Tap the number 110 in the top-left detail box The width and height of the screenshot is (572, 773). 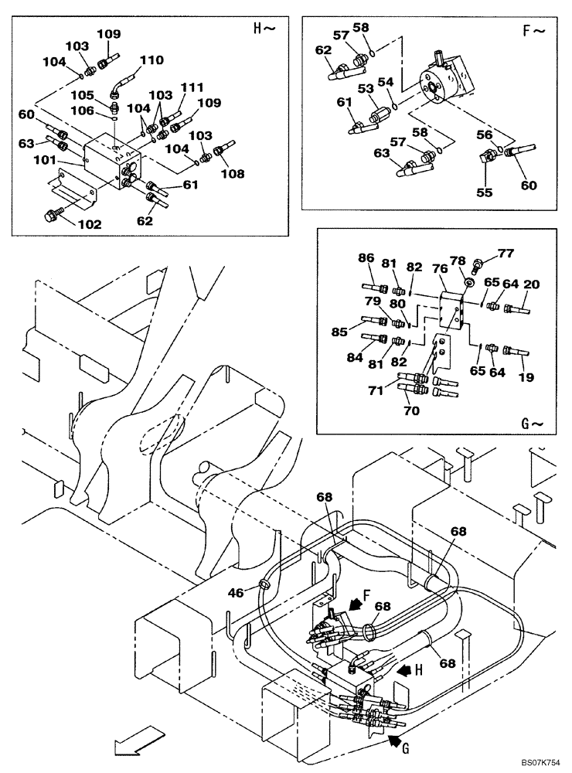pyautogui.click(x=152, y=60)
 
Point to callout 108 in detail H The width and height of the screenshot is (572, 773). pyautogui.click(x=231, y=174)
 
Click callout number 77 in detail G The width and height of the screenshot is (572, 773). pyautogui.click(x=505, y=252)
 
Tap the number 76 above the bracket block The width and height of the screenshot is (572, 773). pyautogui.click(x=439, y=268)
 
